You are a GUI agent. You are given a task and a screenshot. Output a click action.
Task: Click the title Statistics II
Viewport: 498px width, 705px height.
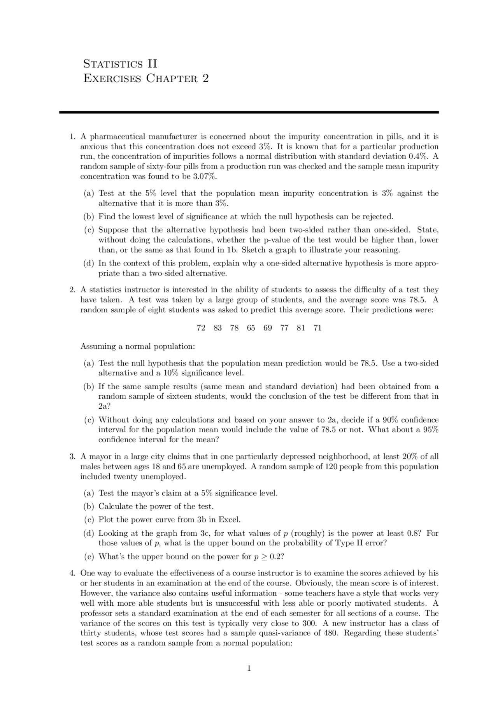click(120, 64)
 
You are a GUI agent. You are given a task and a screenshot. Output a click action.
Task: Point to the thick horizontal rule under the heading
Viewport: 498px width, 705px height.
click(249, 112)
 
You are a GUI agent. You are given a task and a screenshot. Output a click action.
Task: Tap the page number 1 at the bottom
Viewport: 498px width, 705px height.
click(249, 668)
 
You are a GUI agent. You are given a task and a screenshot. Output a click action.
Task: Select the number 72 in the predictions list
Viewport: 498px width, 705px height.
click(201, 328)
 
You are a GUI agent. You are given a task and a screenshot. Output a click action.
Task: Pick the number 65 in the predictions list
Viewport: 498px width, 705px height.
click(251, 328)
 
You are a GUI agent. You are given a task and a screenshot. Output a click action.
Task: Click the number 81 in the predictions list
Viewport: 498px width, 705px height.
click(301, 328)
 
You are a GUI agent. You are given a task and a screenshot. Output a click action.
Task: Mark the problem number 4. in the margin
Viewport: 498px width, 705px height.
click(72, 573)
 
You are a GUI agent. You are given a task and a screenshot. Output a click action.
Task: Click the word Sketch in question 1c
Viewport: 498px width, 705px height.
click(254, 250)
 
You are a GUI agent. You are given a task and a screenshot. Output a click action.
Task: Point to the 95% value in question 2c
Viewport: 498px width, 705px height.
click(431, 430)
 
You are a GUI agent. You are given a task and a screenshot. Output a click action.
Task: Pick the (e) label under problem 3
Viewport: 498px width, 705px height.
click(89, 557)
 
